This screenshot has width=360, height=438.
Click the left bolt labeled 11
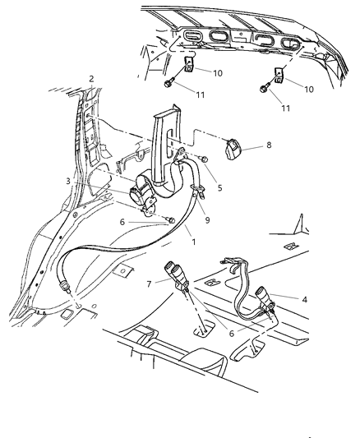[x=168, y=84]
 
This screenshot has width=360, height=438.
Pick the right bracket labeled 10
[x=278, y=74]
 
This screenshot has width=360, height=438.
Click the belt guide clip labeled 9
[x=196, y=195]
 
